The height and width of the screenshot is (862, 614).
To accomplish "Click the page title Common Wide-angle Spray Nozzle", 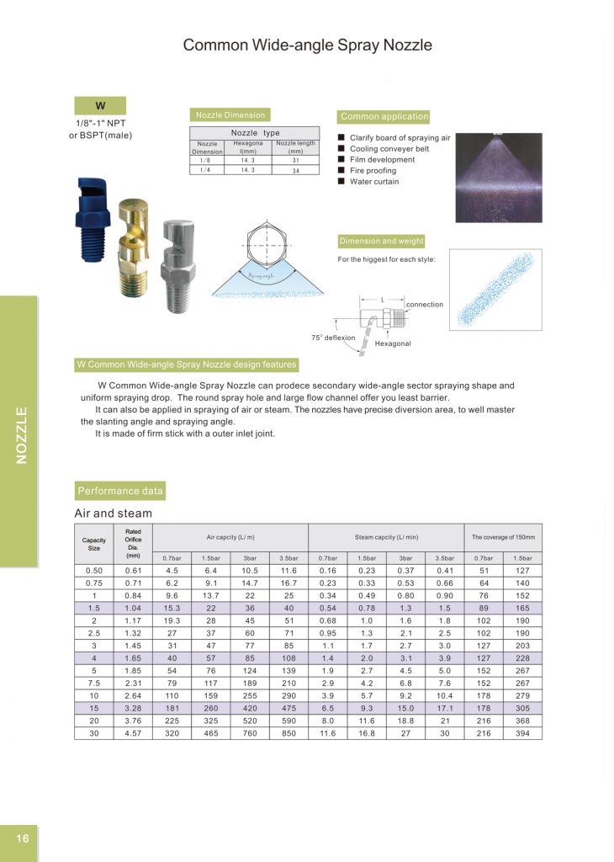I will pyautogui.click(x=308, y=45).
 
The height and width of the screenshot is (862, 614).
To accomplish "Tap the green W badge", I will pyautogui.click(x=100, y=106).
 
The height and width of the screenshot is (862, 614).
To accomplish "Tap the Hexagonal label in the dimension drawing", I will pyautogui.click(x=393, y=343).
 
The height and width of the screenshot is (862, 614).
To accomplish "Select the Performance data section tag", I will pyautogui.click(x=120, y=491).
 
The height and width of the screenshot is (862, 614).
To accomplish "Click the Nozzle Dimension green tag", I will pyautogui.click(x=230, y=115).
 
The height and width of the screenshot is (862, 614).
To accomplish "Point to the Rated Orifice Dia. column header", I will pyautogui.click(x=133, y=543).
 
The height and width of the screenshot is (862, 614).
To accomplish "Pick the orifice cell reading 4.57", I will pyautogui.click(x=133, y=733).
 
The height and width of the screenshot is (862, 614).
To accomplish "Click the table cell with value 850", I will pyautogui.click(x=288, y=733).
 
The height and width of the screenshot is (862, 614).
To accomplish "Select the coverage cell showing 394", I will pyautogui.click(x=522, y=733).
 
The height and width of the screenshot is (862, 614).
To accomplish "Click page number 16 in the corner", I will pyautogui.click(x=21, y=838).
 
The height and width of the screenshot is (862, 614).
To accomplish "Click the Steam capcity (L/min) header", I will pyautogui.click(x=386, y=536).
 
